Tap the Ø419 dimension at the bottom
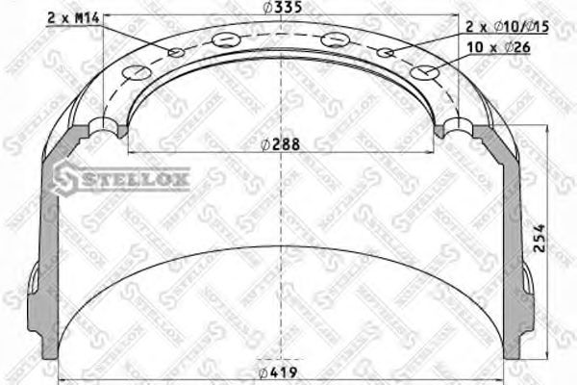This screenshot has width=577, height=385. (x=280, y=372)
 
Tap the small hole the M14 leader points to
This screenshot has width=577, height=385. (x=176, y=52)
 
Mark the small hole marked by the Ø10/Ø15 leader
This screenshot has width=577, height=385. (x=386, y=54)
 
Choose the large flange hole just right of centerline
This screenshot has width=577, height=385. (x=334, y=39)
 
